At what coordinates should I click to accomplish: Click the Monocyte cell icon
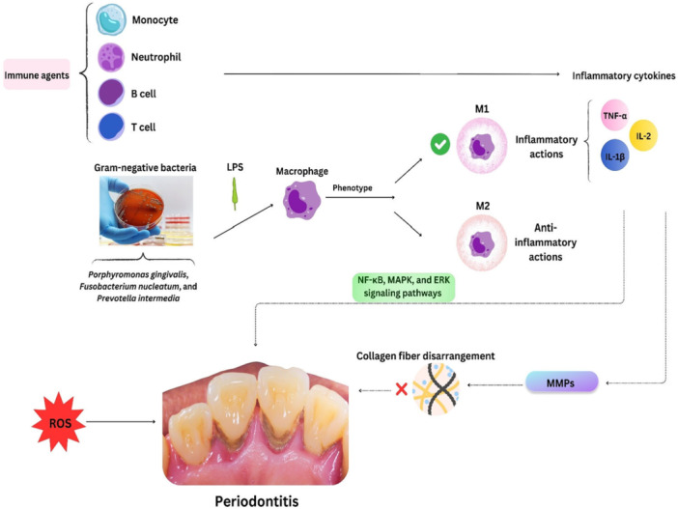click(111, 19)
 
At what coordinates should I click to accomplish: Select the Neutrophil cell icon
click(111, 57)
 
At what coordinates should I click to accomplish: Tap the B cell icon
click(111, 93)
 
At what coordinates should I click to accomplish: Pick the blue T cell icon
click(111, 127)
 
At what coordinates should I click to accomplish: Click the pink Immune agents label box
click(37, 74)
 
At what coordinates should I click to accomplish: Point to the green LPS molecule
click(235, 193)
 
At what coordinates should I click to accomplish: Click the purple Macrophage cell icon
click(301, 200)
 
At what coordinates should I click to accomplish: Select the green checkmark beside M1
click(440, 145)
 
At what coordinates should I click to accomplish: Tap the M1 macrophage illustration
click(482, 145)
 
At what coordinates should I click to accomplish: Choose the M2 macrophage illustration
click(482, 242)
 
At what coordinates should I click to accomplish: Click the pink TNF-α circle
click(615, 115)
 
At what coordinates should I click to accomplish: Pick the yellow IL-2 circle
click(643, 135)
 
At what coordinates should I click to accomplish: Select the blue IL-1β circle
click(614, 156)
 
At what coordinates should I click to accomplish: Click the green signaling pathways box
click(403, 287)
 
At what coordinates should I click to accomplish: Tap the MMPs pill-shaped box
click(561, 382)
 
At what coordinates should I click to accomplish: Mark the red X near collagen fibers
click(402, 389)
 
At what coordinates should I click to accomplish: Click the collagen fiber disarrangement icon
click(436, 388)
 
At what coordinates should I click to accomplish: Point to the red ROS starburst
click(59, 422)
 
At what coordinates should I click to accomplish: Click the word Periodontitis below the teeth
click(257, 501)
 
